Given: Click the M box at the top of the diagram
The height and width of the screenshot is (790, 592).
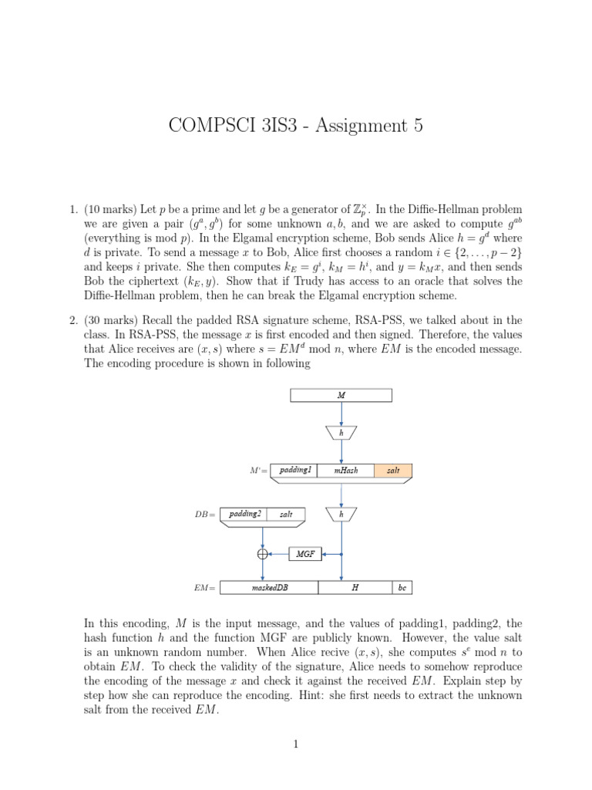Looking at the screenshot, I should (x=341, y=396).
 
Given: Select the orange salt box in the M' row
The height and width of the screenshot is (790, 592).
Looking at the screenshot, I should (x=393, y=470).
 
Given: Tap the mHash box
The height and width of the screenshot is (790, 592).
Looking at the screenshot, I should (x=346, y=470).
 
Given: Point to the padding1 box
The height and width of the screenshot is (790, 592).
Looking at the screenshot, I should (x=295, y=470).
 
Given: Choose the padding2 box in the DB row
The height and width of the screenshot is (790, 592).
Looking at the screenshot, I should (x=245, y=513).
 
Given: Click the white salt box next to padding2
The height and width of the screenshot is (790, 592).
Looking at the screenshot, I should (x=285, y=513).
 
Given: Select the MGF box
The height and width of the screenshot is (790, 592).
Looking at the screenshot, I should (x=305, y=553).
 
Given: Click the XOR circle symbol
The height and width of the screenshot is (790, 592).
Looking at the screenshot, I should (x=263, y=553).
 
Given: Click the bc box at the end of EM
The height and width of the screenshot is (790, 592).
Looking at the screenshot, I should (x=402, y=587).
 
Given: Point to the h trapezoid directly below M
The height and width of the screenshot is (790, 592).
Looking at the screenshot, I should (x=341, y=433).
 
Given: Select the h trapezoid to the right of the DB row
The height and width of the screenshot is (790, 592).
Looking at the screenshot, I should (x=341, y=514).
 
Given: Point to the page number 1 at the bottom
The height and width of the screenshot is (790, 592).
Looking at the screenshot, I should (x=295, y=744).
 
